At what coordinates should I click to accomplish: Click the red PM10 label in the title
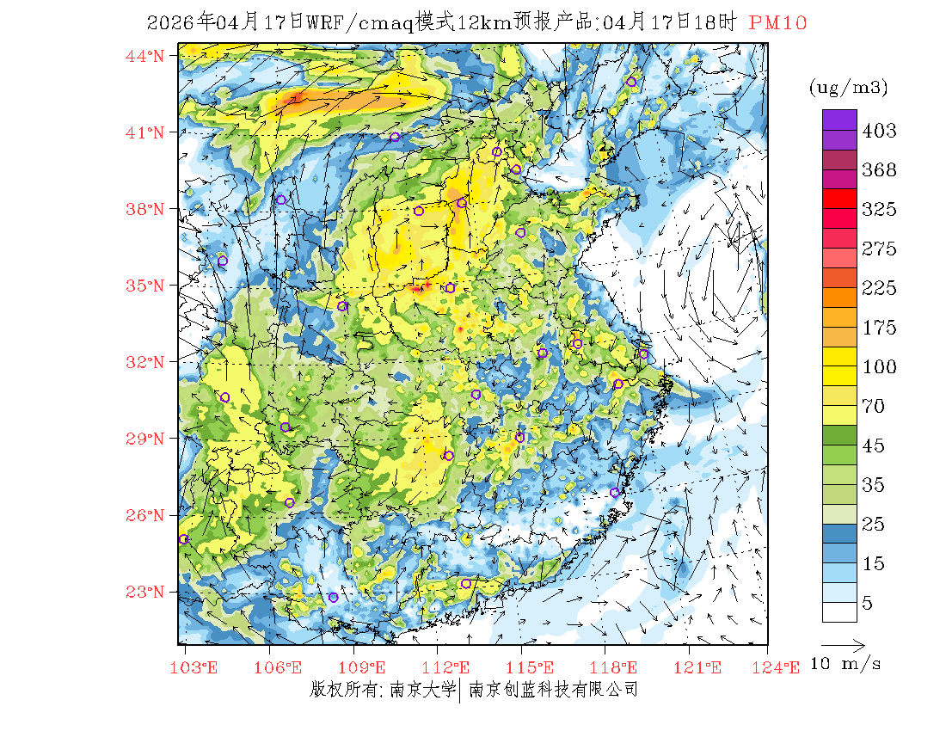(777, 23)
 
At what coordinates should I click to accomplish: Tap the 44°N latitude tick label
(144, 56)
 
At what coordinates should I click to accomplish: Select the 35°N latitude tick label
(144, 286)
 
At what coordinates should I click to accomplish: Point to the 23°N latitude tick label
(144, 592)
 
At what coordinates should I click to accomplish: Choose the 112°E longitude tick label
(451, 667)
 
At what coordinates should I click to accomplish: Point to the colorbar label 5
(868, 604)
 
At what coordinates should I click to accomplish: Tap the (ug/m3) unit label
(848, 87)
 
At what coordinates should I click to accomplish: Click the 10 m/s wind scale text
(846, 664)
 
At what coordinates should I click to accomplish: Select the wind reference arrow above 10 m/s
(843, 643)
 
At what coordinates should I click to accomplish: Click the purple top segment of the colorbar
(838, 120)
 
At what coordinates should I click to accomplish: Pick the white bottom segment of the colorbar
(838, 611)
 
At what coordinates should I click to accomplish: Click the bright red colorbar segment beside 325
(838, 199)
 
